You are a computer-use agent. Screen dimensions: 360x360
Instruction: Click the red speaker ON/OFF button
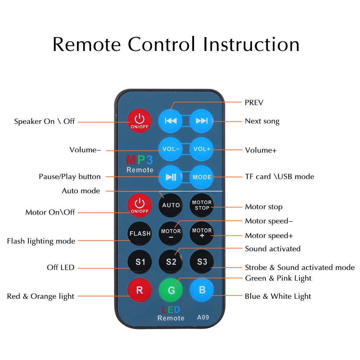coord(140,120)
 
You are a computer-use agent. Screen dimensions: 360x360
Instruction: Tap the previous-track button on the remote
coord(171,121)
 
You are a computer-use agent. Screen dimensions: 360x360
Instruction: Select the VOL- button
coord(171,149)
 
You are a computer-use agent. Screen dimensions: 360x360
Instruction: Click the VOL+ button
coord(202,149)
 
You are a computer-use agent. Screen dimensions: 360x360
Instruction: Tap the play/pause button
coord(171,177)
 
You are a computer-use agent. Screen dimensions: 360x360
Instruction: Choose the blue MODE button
coord(202,177)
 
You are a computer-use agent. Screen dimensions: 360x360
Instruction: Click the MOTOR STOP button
coord(202,205)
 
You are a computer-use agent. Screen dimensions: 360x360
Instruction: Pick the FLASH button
coord(140,233)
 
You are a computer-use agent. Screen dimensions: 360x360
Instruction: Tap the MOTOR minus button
coord(171,233)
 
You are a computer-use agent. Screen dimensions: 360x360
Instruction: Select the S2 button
coord(171,262)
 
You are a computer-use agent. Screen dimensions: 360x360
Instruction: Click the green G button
coord(171,290)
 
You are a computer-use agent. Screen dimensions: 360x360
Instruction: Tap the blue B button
coord(202,290)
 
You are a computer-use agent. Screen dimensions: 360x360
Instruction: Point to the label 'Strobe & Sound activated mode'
coord(300,267)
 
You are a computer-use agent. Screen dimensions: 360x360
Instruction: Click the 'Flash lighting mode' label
coord(41,241)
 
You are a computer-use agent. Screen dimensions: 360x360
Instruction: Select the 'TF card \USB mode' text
coord(279,176)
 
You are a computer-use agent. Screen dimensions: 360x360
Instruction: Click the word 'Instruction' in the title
coord(251,45)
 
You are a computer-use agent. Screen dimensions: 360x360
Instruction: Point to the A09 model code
coord(203,317)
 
